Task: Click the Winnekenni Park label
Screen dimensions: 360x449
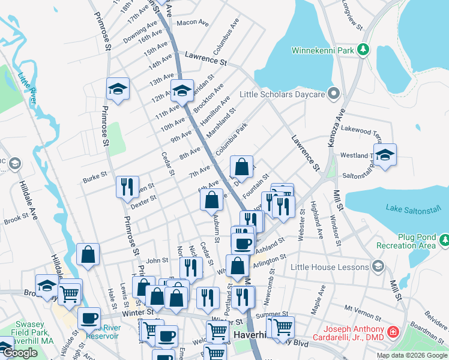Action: pos(322,50)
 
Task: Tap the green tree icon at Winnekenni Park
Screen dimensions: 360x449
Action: pos(363,49)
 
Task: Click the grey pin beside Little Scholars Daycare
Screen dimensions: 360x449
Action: pos(334,94)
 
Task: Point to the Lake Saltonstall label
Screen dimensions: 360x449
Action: pos(414,209)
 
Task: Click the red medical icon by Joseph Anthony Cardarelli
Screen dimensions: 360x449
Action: pos(393,331)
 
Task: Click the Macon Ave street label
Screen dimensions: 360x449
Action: pos(192,23)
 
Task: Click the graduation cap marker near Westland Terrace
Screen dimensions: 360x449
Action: pos(385,154)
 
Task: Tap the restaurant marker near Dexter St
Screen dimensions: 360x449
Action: pos(127,187)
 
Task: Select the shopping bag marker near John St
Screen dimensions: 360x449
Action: pos(88,254)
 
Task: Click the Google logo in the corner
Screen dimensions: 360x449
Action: pos(20,353)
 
